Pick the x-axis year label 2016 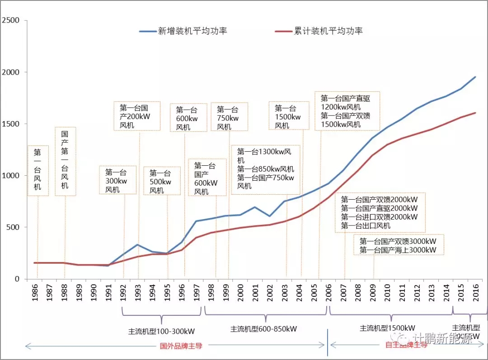474,294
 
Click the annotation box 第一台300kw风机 117,180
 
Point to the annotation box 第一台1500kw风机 288,116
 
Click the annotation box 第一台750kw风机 229,117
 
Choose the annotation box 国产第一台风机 65,161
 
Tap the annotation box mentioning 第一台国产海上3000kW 398,245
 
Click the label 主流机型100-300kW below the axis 161,331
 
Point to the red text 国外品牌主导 181,346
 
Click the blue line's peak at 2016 475,76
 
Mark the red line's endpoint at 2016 475,112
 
